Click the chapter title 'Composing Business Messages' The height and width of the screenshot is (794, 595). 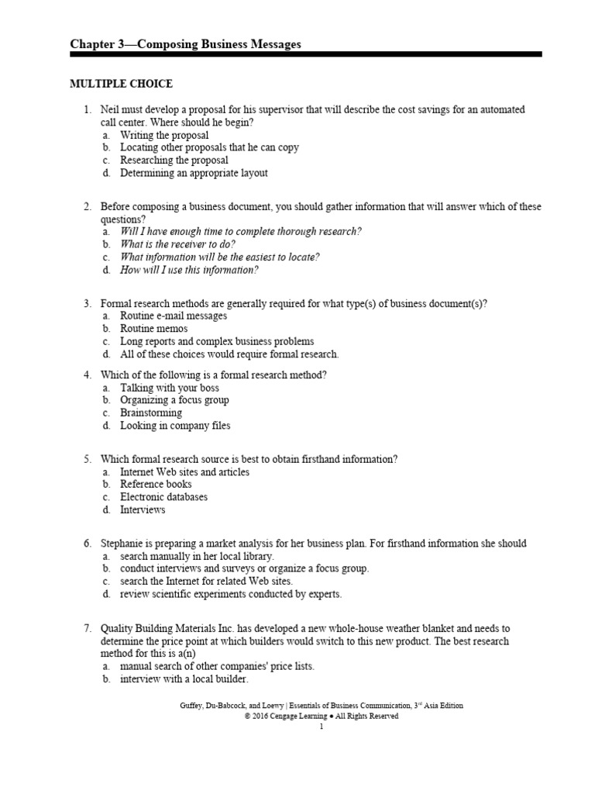[x=185, y=44]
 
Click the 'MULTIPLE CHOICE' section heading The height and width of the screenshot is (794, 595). [x=122, y=84]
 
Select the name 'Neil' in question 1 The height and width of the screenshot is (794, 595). [x=110, y=110]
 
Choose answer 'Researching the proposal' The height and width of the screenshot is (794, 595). [x=174, y=161]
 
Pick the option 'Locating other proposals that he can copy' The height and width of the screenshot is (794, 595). [x=209, y=147]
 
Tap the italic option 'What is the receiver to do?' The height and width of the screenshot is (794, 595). [x=177, y=244]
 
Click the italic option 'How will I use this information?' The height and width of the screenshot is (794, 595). [x=189, y=270]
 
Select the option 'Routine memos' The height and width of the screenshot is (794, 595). [x=153, y=329]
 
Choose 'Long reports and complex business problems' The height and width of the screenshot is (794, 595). [x=217, y=341]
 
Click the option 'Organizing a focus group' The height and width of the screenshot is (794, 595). [x=174, y=400]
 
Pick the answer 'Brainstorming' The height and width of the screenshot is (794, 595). [x=151, y=413]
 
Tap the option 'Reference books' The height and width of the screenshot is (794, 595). [x=156, y=484]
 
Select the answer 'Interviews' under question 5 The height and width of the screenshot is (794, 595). [x=143, y=509]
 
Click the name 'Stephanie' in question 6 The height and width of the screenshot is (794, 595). [x=124, y=543]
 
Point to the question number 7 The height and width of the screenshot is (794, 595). [x=88, y=628]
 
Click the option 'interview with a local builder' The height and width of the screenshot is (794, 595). [x=184, y=678]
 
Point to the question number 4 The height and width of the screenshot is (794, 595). [x=88, y=375]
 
